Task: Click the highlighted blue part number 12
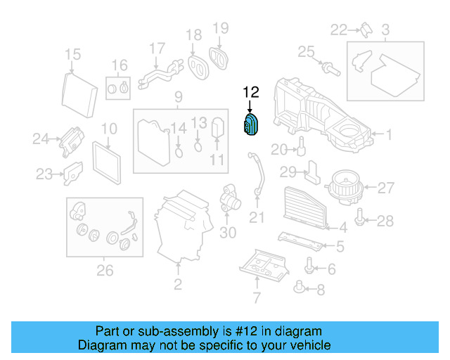[251, 125]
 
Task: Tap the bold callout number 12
[251, 92]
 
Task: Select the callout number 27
[386, 188]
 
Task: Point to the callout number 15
[73, 54]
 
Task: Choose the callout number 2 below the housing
[178, 285]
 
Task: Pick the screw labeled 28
[361, 219]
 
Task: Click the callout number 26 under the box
[104, 269]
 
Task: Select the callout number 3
[385, 30]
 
